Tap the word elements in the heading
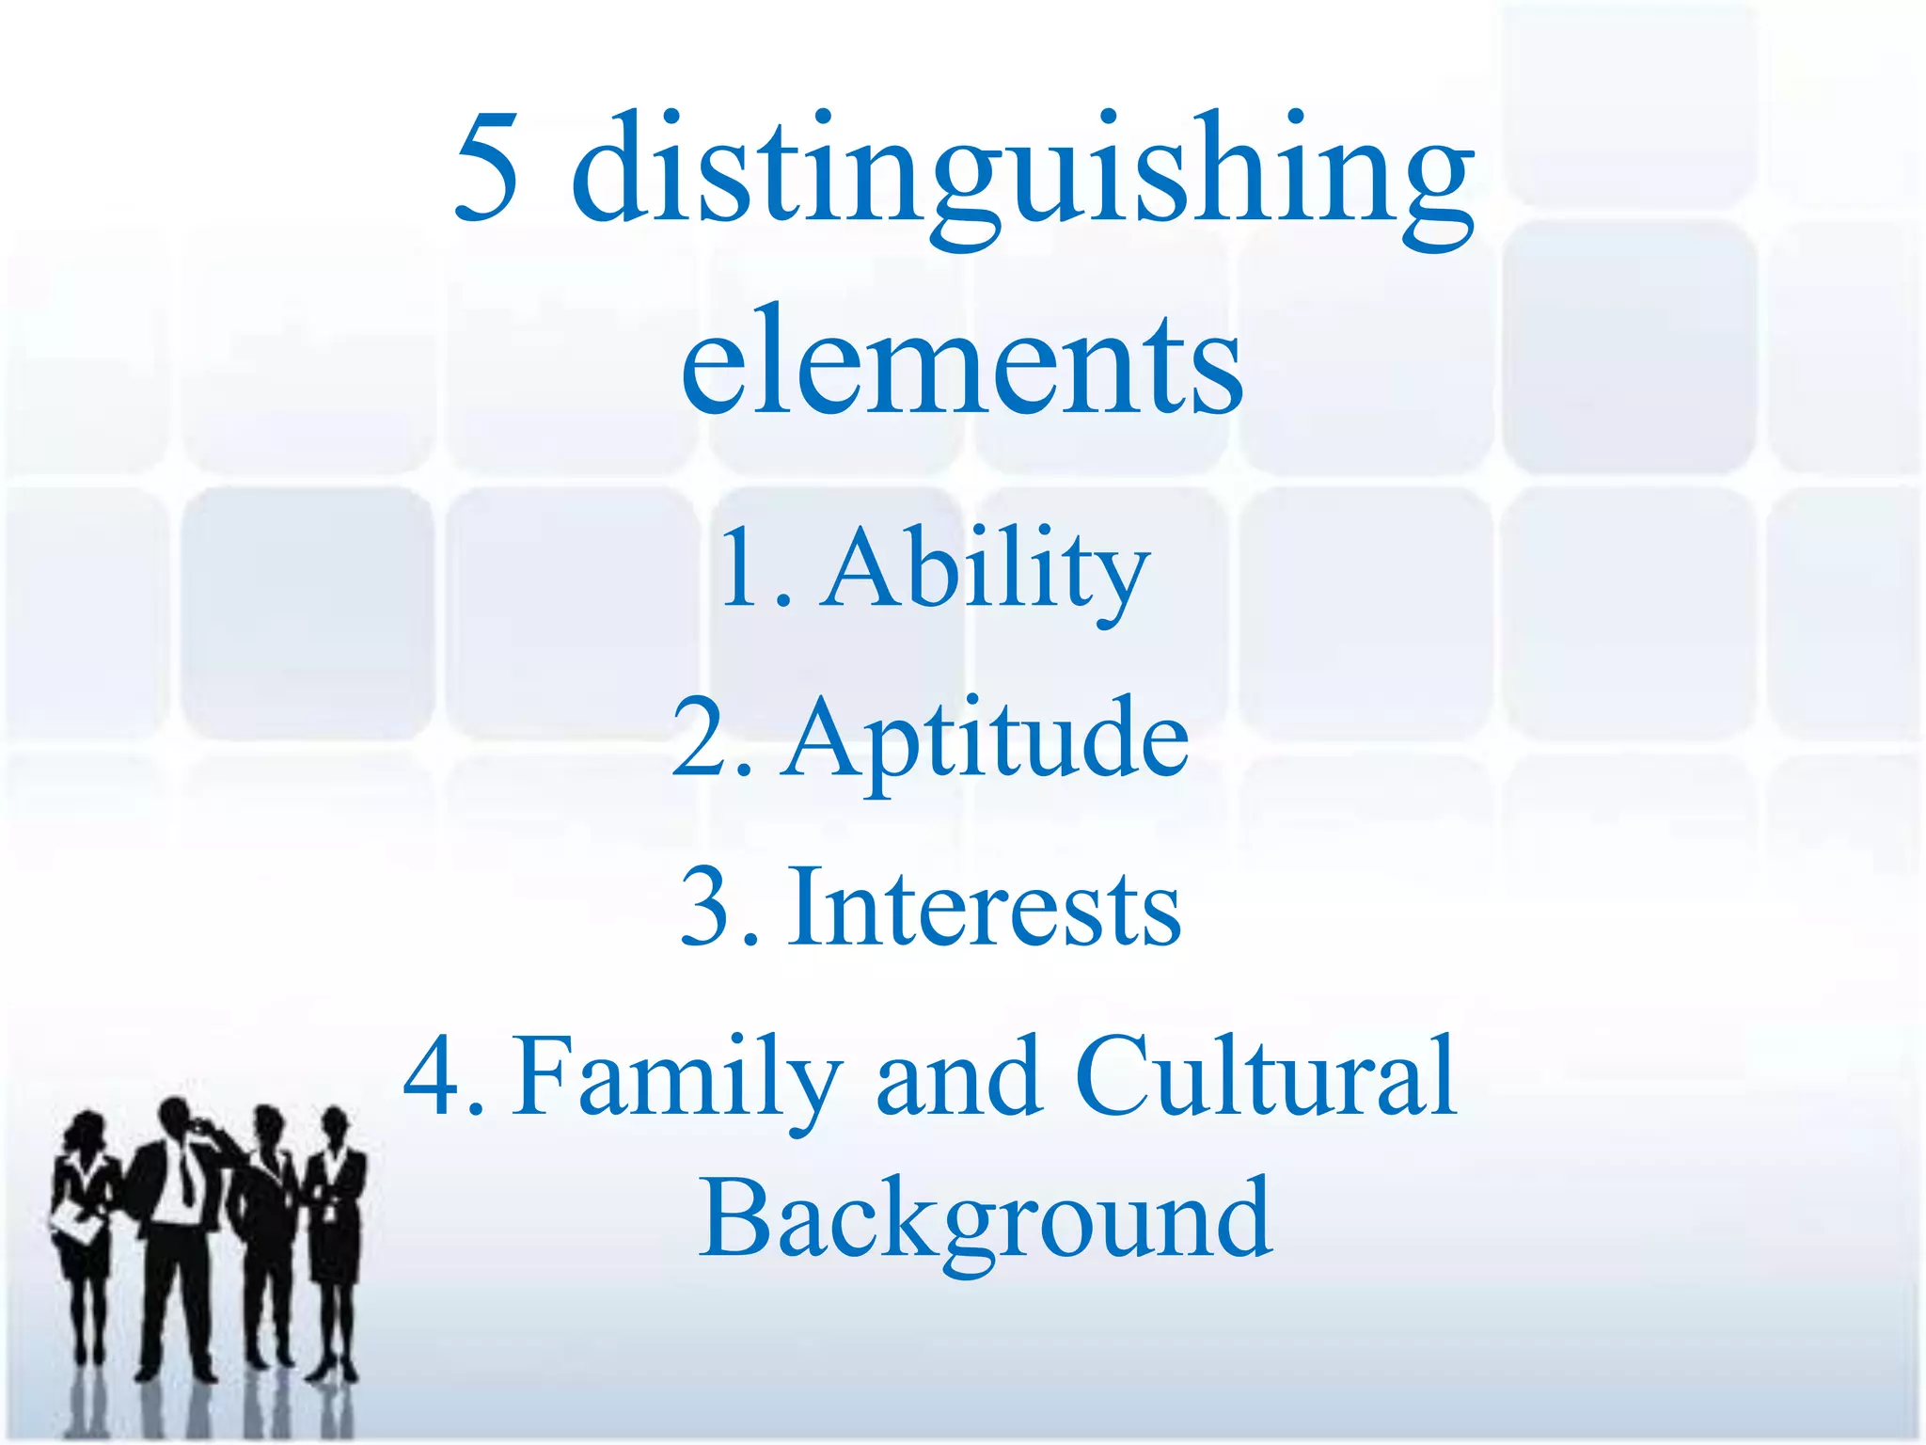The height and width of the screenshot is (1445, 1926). (961, 362)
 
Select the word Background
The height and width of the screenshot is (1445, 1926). (985, 1218)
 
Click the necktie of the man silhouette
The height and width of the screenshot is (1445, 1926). (187, 1176)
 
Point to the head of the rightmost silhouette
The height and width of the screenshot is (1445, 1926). (334, 1125)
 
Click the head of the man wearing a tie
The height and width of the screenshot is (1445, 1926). (176, 1119)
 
